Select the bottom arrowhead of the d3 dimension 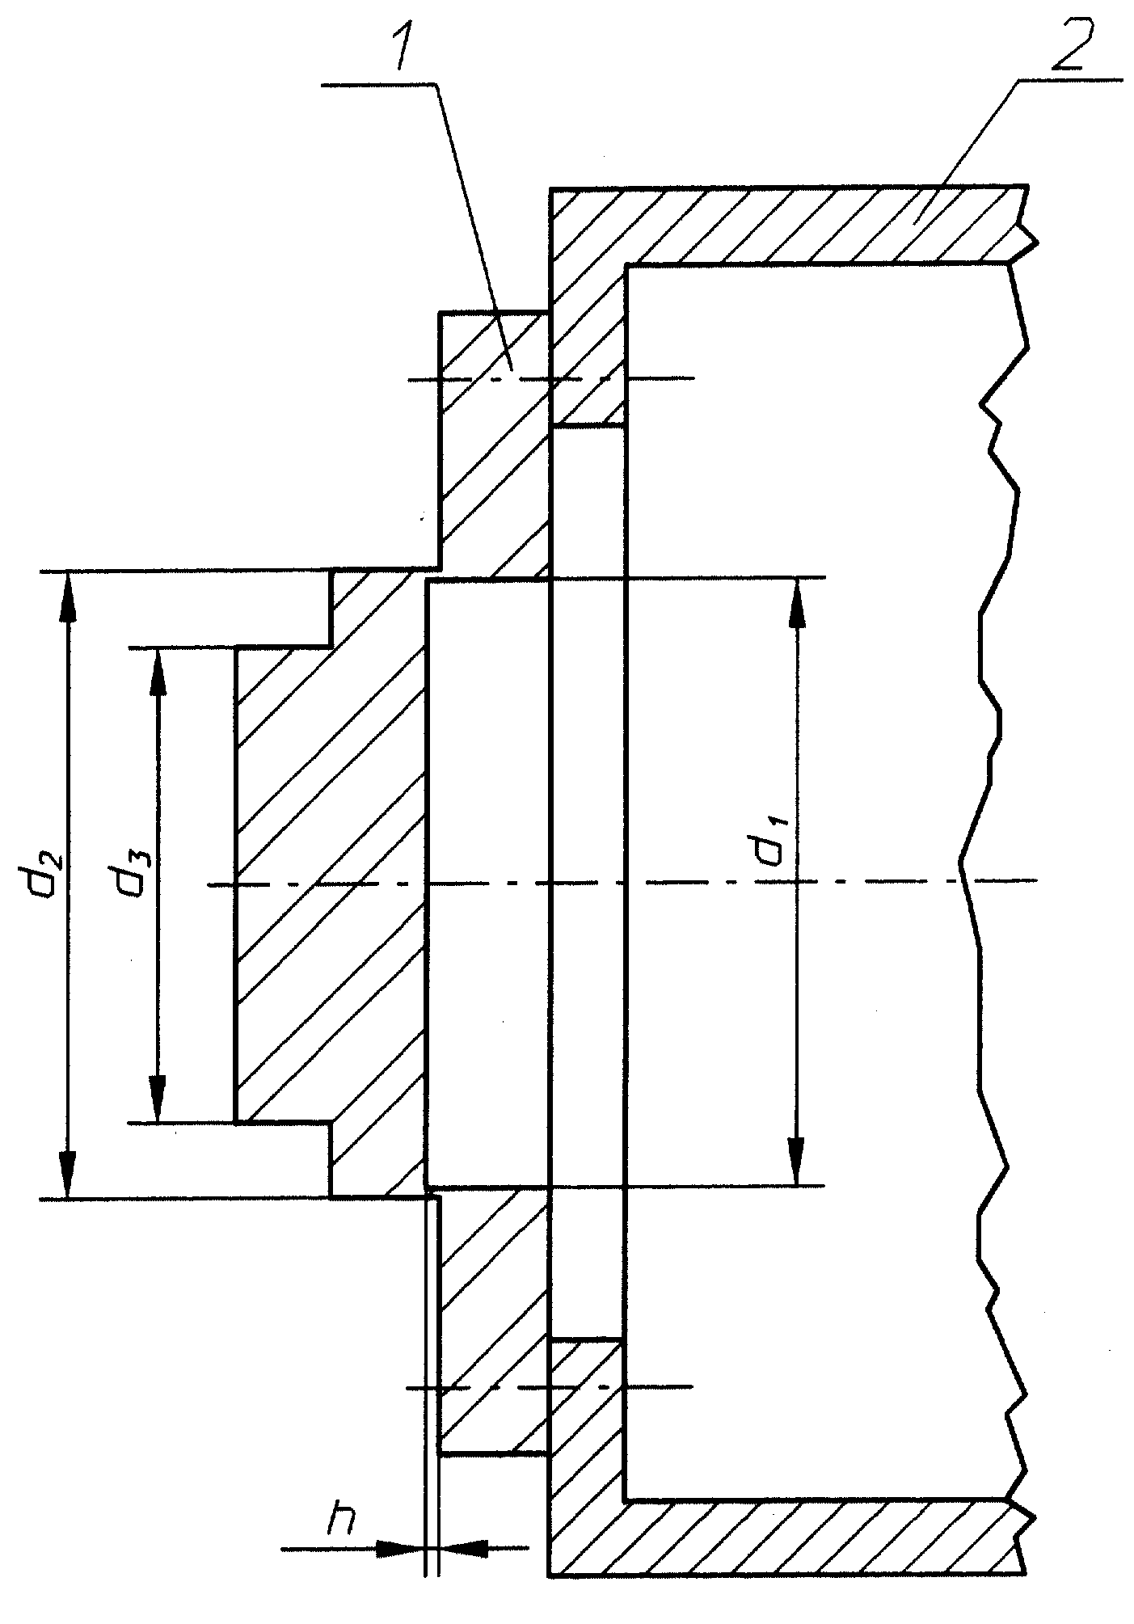pyautogui.click(x=158, y=1098)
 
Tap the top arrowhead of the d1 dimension pyautogui.click(x=796, y=603)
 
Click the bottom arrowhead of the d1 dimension pyautogui.click(x=796, y=1161)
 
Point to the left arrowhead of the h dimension pyautogui.click(x=400, y=1548)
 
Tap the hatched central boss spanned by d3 pyautogui.click(x=331, y=884)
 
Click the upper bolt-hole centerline pyautogui.click(x=550, y=378)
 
